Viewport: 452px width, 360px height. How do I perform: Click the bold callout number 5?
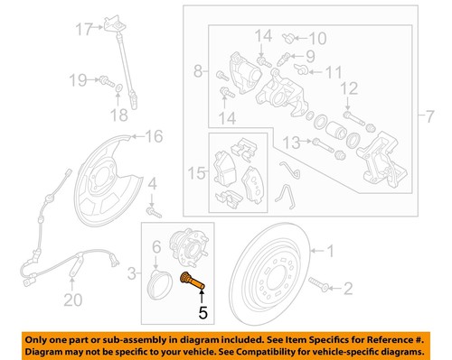[203, 313]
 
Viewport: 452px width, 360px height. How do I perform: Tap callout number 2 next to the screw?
[346, 289]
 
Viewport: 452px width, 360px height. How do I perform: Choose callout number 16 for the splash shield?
[155, 136]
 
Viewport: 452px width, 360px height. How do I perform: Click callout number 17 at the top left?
[83, 29]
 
